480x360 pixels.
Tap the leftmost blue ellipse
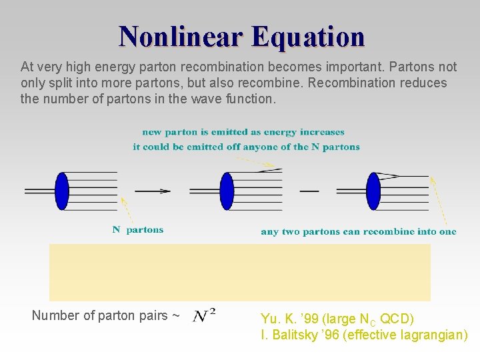62,191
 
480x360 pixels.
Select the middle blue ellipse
227,191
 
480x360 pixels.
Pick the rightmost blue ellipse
373,191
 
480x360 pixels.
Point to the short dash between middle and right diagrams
309,191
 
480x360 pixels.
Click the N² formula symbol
204,315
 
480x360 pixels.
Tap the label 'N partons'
138,230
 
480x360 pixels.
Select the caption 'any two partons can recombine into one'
358,232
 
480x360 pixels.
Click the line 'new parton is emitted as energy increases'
243,132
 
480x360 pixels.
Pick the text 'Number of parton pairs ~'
105,315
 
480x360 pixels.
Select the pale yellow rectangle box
240,272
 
